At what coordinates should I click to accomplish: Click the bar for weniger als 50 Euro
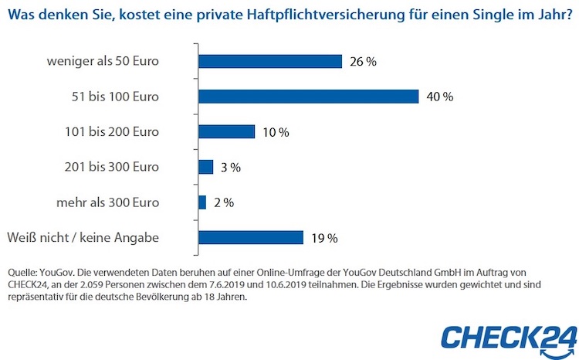click(270, 61)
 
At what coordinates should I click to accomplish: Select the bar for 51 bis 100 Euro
click(308, 97)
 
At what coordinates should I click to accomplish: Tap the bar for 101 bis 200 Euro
click(226, 131)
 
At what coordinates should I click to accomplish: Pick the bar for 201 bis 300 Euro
click(205, 167)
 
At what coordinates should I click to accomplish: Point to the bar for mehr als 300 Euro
click(202, 202)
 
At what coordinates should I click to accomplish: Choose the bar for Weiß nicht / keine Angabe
click(251, 237)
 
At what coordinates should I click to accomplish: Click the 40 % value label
click(438, 97)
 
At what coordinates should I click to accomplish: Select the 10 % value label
click(275, 132)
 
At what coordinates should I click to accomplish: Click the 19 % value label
click(323, 238)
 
